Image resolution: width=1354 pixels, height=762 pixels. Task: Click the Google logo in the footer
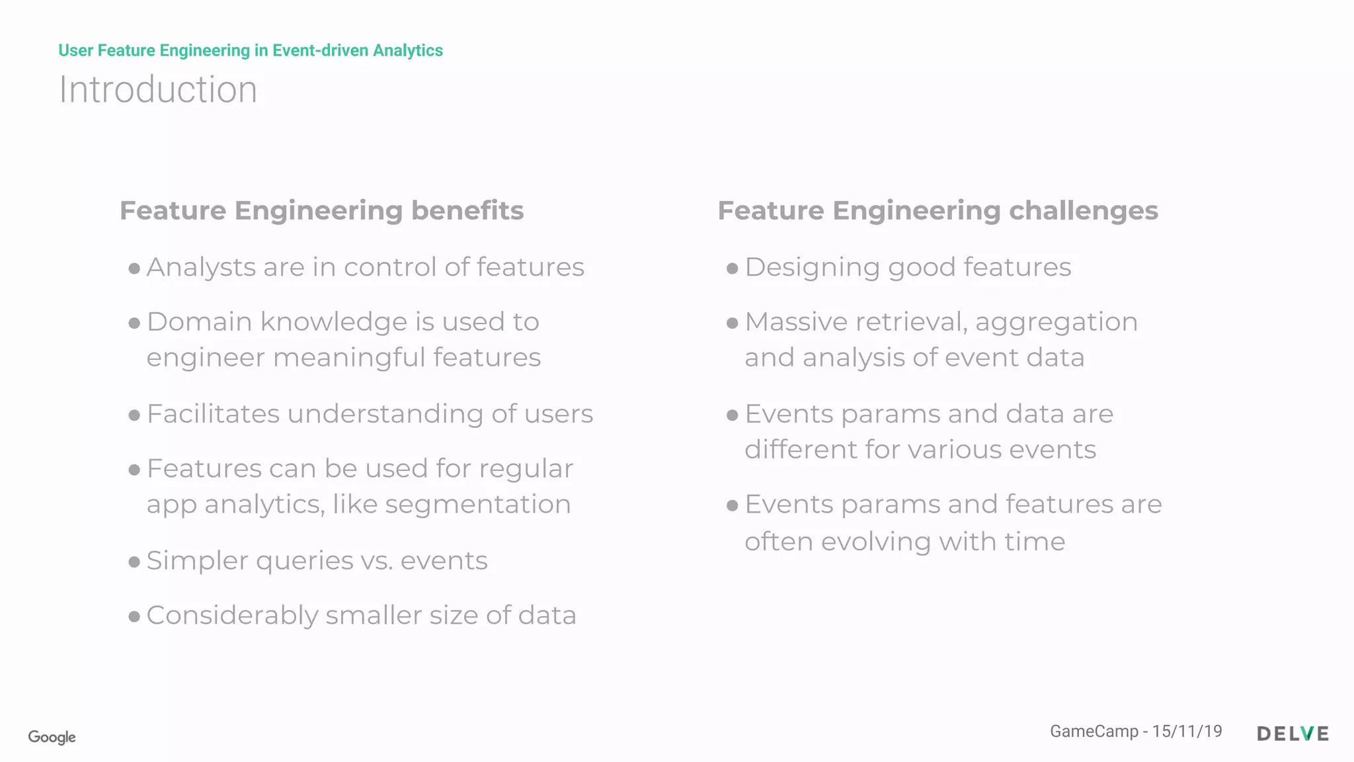pos(52,737)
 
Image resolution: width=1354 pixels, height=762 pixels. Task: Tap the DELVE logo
pos(1293,734)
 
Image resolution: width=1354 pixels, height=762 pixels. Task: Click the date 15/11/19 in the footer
pos(1187,731)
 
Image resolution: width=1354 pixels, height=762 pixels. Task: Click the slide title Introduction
pos(158,89)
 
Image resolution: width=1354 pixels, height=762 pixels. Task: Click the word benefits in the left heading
pos(467,210)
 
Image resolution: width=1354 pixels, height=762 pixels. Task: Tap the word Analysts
pos(200,267)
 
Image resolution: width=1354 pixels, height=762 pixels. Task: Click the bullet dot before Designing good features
pos(732,269)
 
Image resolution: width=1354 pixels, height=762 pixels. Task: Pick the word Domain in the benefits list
pos(200,322)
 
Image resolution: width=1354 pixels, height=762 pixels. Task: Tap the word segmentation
pos(477,505)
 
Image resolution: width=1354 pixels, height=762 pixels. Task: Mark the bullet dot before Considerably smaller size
pos(134,617)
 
